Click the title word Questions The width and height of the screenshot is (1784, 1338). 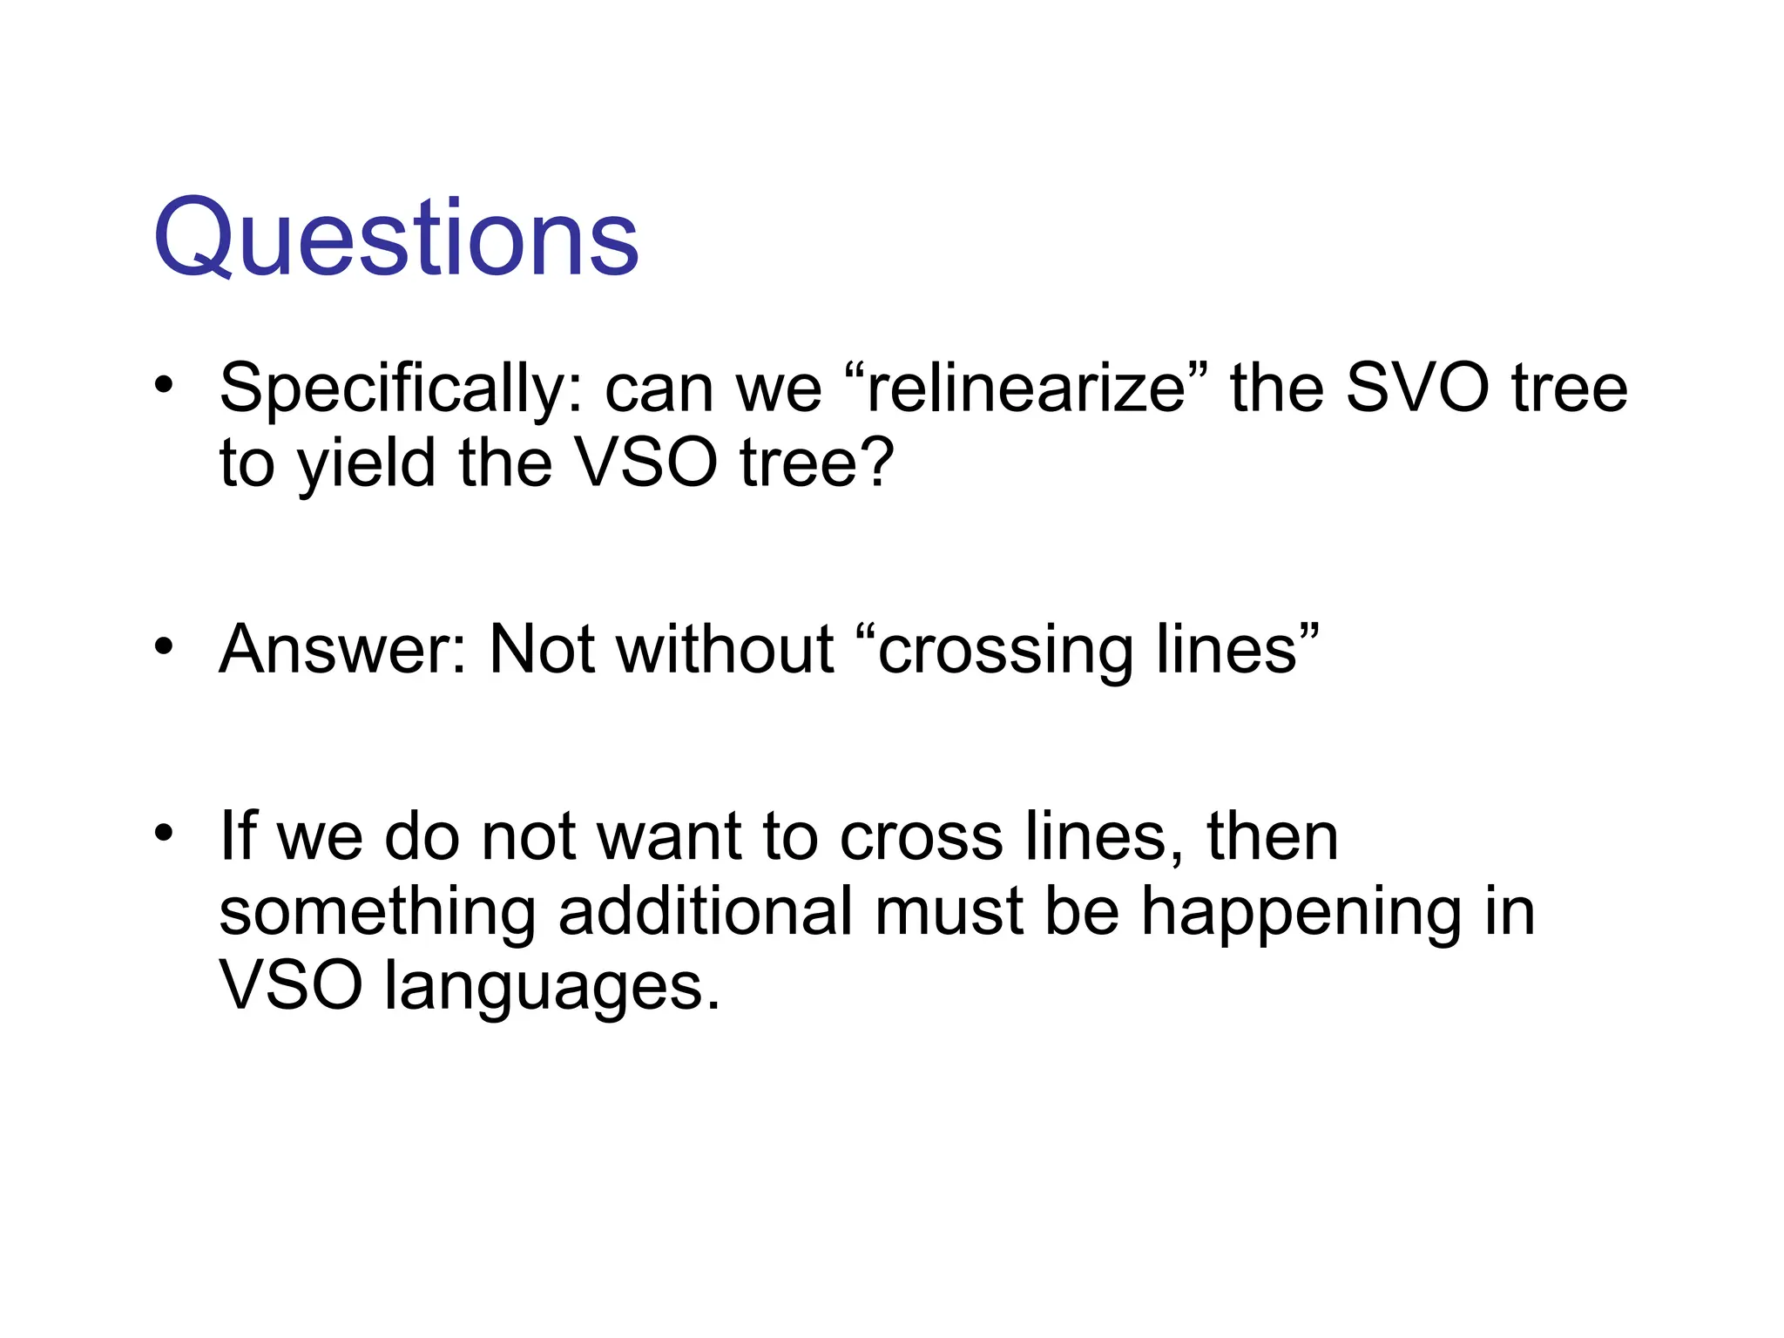point(396,238)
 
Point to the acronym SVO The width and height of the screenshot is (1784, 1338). point(1417,388)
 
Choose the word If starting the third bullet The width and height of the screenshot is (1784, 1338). point(238,835)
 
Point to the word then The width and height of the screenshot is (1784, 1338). point(1272,835)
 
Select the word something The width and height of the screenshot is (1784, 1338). point(376,913)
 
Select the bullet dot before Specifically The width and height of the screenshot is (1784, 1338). point(163,385)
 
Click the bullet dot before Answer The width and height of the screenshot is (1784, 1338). point(163,647)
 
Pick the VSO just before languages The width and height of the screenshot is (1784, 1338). point(290,987)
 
